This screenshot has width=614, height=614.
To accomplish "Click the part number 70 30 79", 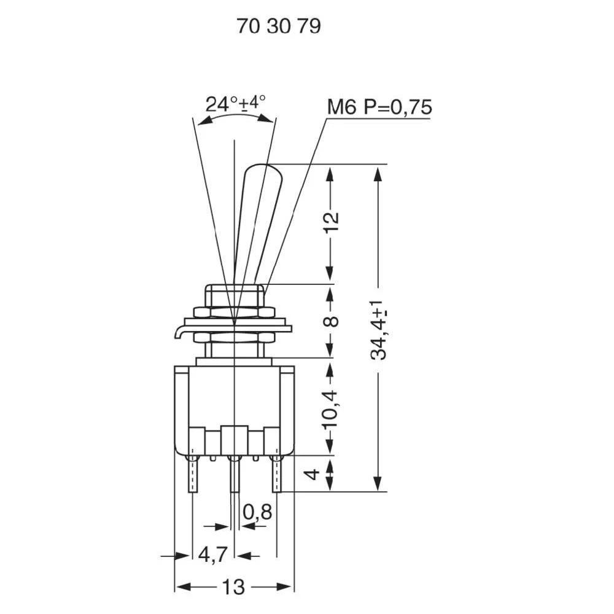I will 279,27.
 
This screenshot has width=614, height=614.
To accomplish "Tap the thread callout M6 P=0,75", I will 379,107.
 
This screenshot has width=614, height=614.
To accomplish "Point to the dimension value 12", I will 330,224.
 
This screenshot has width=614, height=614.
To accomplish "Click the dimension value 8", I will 330,321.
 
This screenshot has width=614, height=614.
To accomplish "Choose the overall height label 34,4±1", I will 379,330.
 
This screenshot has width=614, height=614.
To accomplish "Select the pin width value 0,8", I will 257,511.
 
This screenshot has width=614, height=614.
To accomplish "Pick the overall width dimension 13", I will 233,587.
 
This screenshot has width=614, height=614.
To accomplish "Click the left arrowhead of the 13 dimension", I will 180,587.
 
